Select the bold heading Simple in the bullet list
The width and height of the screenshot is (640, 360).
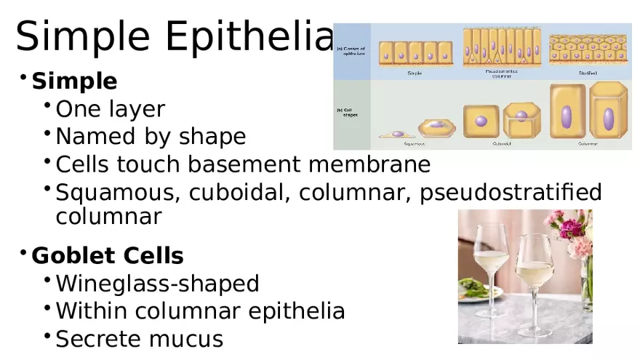pos(74,81)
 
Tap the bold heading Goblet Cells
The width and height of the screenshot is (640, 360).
pos(108,255)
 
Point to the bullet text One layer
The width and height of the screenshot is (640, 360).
pos(111,109)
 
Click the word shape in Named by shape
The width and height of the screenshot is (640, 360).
pos(215,137)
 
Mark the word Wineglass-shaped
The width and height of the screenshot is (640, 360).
pos(157,283)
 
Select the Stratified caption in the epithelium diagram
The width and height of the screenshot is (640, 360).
pos(588,73)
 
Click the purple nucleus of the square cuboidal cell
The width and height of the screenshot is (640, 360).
pos(481,121)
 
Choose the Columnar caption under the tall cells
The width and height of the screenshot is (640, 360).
pos(588,144)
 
